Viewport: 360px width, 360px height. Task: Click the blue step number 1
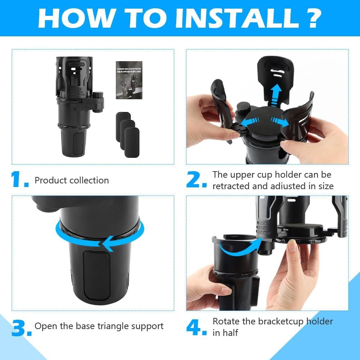19,180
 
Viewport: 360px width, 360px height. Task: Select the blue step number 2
196,180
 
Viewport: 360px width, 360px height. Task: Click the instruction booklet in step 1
129,80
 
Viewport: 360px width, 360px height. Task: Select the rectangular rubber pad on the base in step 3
96,275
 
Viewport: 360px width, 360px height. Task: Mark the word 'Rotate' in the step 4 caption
225,321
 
